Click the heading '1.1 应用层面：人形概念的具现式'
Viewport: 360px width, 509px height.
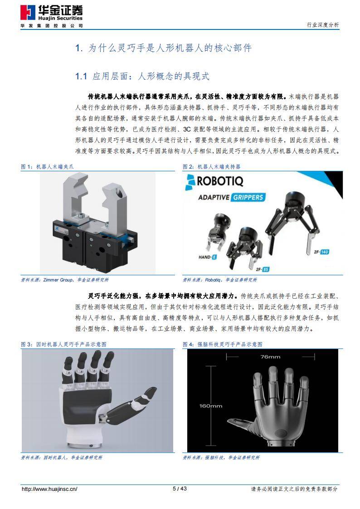click(x=142, y=76)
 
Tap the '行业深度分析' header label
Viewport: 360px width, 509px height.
click(x=323, y=25)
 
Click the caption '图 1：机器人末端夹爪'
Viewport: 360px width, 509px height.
click(x=47, y=167)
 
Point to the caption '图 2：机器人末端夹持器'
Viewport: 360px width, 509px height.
click(x=212, y=167)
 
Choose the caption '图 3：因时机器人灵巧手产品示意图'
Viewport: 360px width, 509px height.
click(x=64, y=344)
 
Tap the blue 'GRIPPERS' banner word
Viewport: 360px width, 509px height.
click(x=248, y=198)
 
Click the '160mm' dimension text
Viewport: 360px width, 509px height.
click(x=211, y=406)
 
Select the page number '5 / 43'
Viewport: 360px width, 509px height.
click(x=180, y=489)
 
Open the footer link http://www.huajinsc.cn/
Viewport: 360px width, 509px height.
click(x=50, y=489)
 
